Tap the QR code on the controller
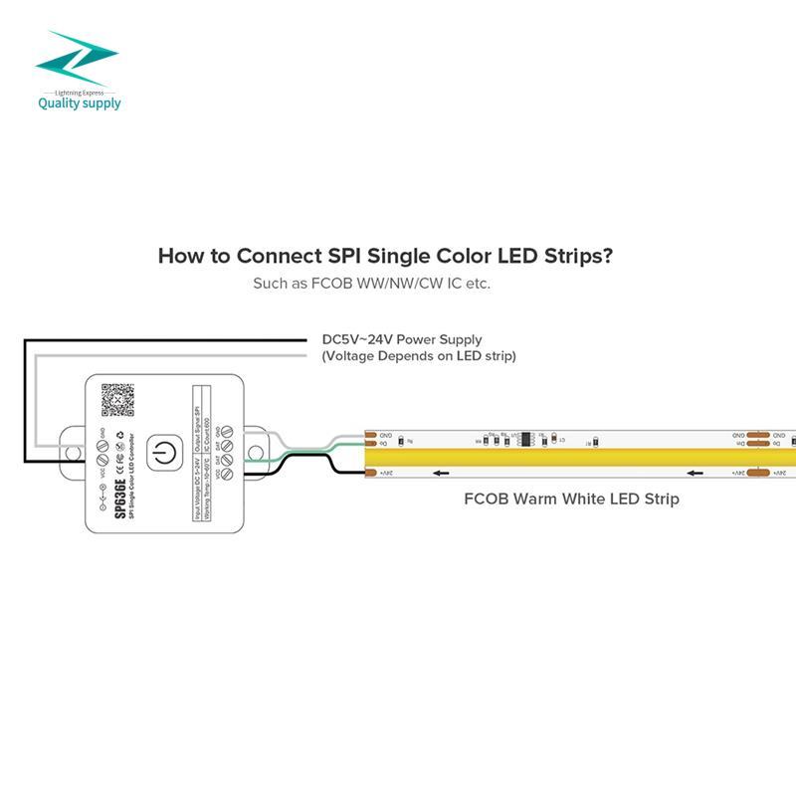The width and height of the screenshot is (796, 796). pos(118,399)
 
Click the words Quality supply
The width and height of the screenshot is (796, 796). pos(80,101)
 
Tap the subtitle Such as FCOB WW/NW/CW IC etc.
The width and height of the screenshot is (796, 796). pos(371,284)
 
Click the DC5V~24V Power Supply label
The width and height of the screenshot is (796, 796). pos(402,339)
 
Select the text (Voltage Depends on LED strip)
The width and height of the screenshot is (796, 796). pos(419,355)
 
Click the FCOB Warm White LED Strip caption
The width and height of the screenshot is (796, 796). pos(571,498)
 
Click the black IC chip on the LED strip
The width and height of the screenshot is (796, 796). pos(523,438)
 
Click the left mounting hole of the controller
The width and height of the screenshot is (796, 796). pos(73,453)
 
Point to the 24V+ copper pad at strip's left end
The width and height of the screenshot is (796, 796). pos(371,474)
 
